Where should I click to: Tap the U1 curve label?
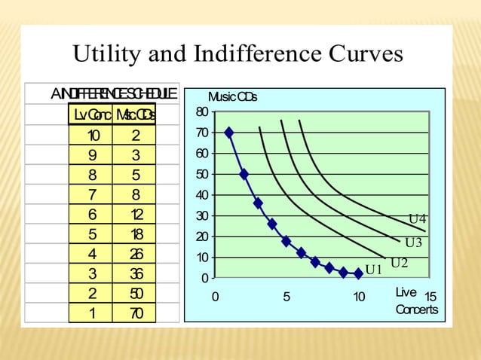(374, 270)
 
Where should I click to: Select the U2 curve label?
(399, 262)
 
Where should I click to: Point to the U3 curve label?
(413, 242)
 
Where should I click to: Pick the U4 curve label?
(418, 219)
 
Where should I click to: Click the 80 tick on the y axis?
(201, 112)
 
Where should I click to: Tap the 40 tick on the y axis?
(201, 195)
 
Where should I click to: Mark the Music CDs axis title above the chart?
(232, 97)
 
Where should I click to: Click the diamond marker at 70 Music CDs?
(229, 133)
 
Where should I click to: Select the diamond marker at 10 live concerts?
(359, 274)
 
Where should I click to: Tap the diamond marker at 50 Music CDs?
(244, 174)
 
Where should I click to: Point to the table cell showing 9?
(93, 156)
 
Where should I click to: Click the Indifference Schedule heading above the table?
(114, 93)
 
